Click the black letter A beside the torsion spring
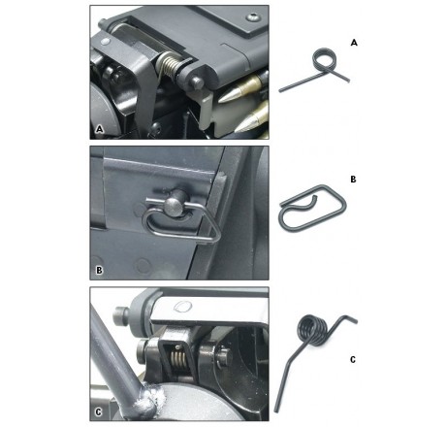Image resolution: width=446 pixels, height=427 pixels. tap(354, 43)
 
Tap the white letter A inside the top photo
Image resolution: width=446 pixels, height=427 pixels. tap(100, 129)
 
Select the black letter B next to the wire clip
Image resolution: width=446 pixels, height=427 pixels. tap(353, 180)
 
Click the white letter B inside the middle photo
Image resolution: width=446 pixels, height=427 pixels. tap(99, 270)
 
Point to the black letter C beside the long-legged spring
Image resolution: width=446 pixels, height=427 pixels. tap(353, 360)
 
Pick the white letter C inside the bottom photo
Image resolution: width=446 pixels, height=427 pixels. tap(99, 412)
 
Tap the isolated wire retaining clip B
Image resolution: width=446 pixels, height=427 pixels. tap(313, 208)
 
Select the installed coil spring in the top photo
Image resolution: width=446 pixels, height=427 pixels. tap(168, 66)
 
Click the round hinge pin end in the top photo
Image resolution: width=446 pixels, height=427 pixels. tap(197, 83)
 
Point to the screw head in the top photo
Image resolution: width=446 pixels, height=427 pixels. tap(252, 17)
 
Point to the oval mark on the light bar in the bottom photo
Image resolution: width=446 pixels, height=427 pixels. tap(182, 307)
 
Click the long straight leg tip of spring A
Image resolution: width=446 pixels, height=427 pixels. tap(280, 91)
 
